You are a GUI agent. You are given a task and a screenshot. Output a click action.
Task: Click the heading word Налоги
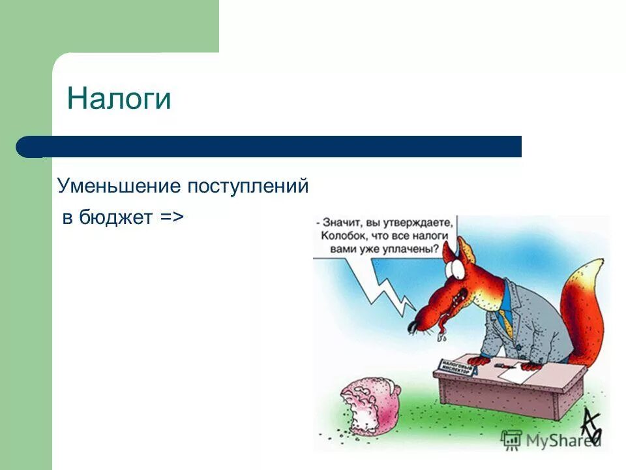pos(119,99)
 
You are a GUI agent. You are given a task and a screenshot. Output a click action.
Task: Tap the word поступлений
pos(248,187)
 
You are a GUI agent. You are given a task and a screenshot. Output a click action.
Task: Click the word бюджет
pos(116,217)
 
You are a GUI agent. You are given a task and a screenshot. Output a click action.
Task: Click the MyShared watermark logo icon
pos(512,440)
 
